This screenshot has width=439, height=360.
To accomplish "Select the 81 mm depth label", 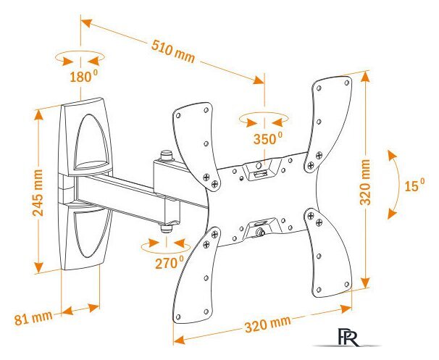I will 33,317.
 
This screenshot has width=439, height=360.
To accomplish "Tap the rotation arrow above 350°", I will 264,118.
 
